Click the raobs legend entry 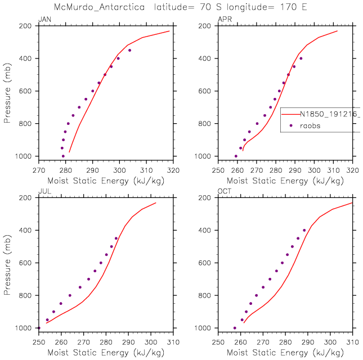[310, 126]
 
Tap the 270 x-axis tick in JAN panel [38, 168]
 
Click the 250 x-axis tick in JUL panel [38, 340]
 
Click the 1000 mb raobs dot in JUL [39, 327]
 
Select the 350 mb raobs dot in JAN [129, 50]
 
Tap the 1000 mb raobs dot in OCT [235, 328]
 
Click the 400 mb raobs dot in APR [301, 58]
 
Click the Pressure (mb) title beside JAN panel [8, 91]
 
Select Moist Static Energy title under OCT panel [285, 352]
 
